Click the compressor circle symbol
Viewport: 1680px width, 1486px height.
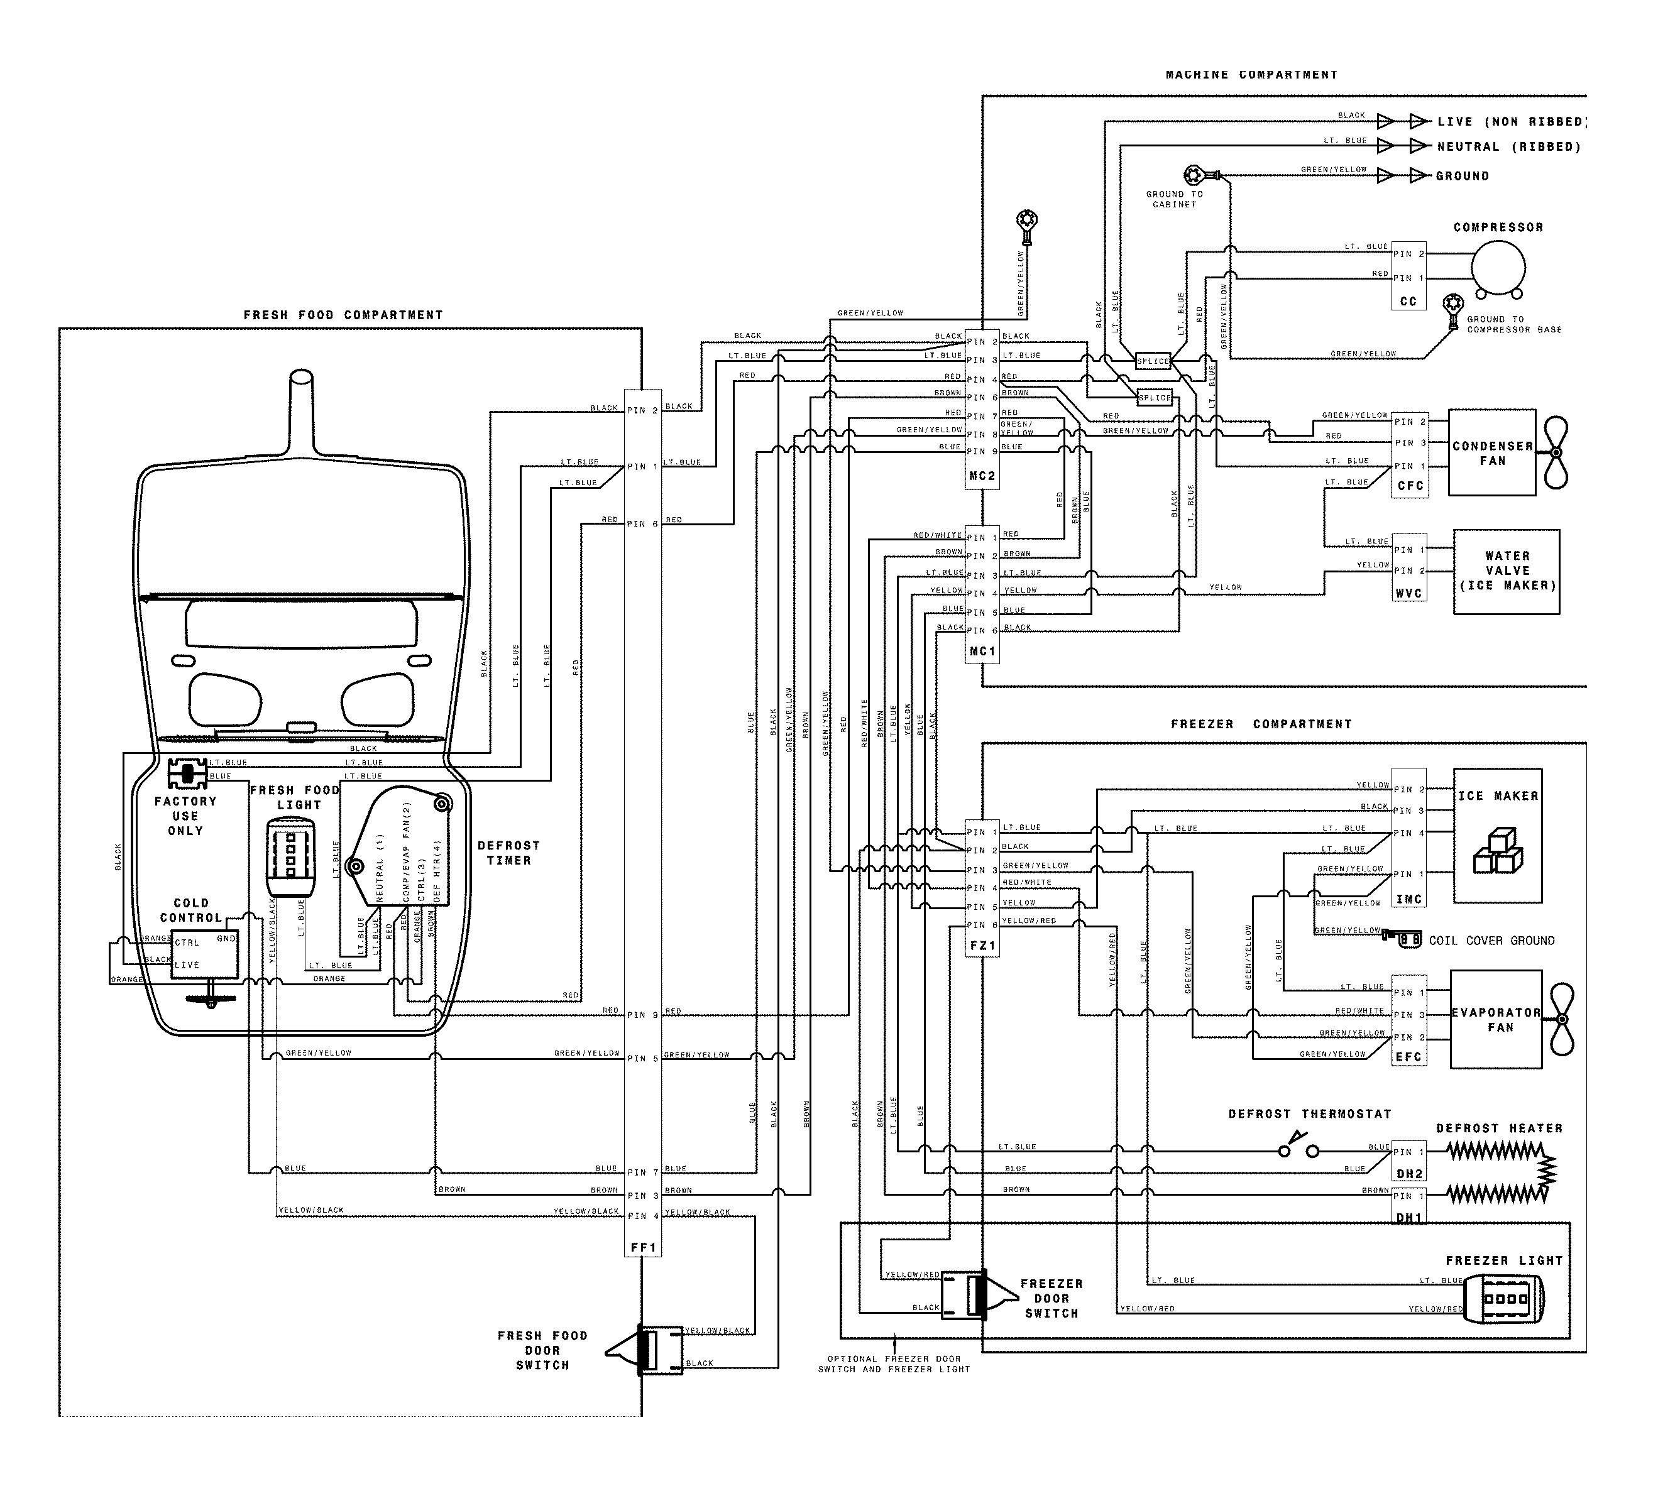pos(1498,268)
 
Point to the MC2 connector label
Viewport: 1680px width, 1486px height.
pos(982,476)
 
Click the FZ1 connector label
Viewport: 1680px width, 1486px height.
pos(982,946)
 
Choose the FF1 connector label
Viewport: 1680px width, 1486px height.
pos(643,1248)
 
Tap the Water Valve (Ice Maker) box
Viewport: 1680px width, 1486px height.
pos(1506,571)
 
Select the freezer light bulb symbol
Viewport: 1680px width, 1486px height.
pos(1505,1299)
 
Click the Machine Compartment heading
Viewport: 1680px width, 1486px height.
pos(1251,75)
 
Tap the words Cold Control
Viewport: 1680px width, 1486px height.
pos(190,910)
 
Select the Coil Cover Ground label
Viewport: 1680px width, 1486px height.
pos(1491,941)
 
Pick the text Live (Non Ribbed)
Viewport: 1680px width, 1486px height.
pos(1511,122)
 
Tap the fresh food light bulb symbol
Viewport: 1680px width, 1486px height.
pos(291,858)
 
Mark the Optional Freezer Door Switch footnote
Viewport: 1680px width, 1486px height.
pos(894,1364)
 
